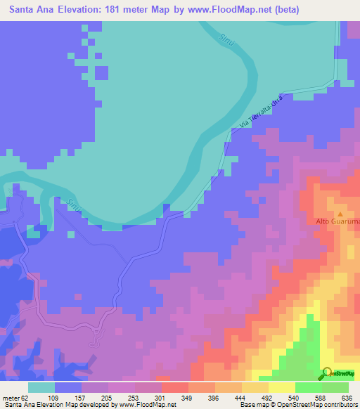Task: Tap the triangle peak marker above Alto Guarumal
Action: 340,214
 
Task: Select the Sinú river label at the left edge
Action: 73,205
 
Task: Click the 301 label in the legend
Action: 161,396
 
